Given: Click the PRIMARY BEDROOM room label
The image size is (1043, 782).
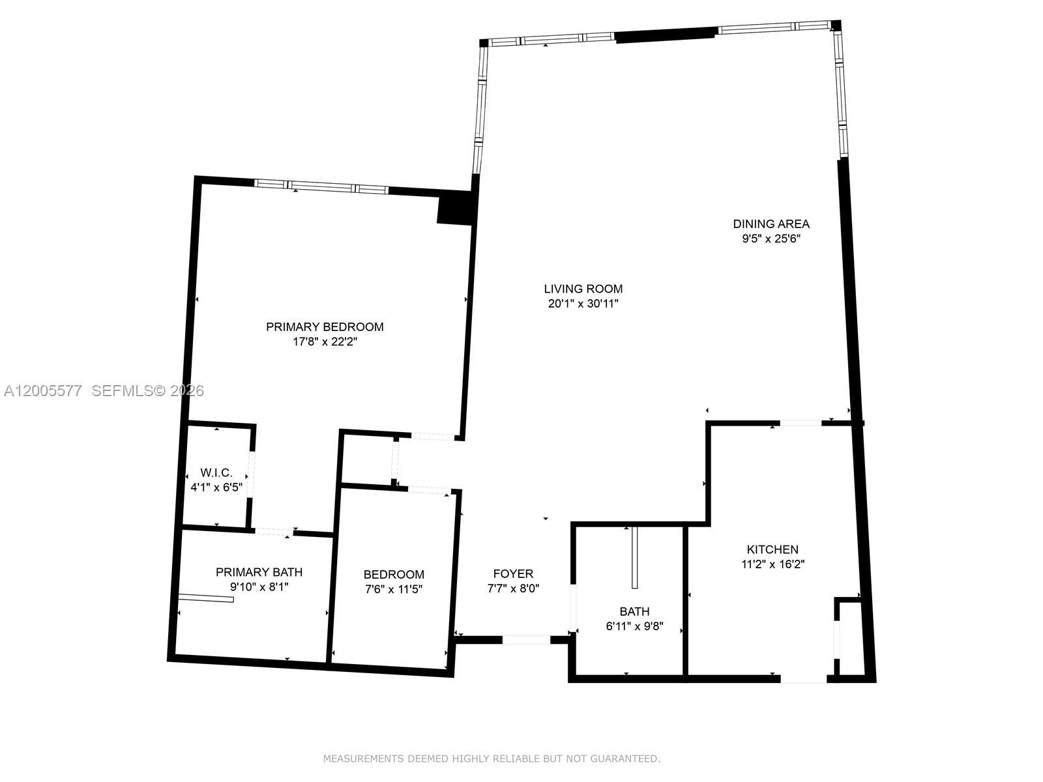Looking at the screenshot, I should (x=325, y=326).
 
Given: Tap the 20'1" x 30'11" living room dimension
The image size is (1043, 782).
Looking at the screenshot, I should (x=583, y=303).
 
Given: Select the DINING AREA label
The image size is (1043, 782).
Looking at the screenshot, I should (x=771, y=224).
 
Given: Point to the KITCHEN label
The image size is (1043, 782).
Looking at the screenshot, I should (x=772, y=549).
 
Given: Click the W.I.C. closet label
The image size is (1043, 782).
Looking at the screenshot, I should (x=216, y=472).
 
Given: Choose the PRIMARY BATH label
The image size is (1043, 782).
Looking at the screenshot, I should (x=259, y=572).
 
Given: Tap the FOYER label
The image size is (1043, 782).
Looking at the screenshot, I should (x=513, y=573).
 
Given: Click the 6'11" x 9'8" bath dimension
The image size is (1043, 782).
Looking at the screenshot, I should (x=634, y=626).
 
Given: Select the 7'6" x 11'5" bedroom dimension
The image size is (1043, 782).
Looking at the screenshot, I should (x=394, y=589).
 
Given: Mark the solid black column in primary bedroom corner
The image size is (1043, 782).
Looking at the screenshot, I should (x=454, y=209).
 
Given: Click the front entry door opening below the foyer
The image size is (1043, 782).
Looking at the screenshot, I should (x=526, y=640).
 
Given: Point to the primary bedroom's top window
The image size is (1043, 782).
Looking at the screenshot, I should (x=321, y=187).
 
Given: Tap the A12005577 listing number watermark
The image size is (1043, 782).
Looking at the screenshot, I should (x=43, y=390).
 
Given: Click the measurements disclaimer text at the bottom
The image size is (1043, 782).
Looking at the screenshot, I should (x=492, y=759).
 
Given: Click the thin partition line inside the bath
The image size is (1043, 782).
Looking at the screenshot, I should (x=634, y=558).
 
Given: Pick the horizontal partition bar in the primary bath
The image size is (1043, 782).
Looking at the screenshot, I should (x=206, y=598).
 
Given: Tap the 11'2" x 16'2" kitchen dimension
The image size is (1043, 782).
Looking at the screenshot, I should (x=772, y=564).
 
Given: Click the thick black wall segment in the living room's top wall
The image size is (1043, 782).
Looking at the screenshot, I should (x=666, y=35).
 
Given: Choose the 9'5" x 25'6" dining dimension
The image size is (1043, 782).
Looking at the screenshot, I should (x=771, y=239).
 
